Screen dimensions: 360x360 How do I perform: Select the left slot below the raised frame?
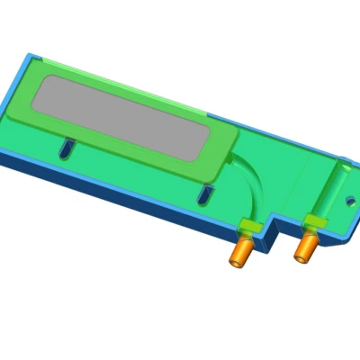64,148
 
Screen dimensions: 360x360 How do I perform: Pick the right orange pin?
306,245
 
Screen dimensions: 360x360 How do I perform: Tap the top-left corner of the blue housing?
29,56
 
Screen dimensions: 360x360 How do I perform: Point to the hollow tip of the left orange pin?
238,262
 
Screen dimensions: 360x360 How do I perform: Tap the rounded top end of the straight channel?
342,166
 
